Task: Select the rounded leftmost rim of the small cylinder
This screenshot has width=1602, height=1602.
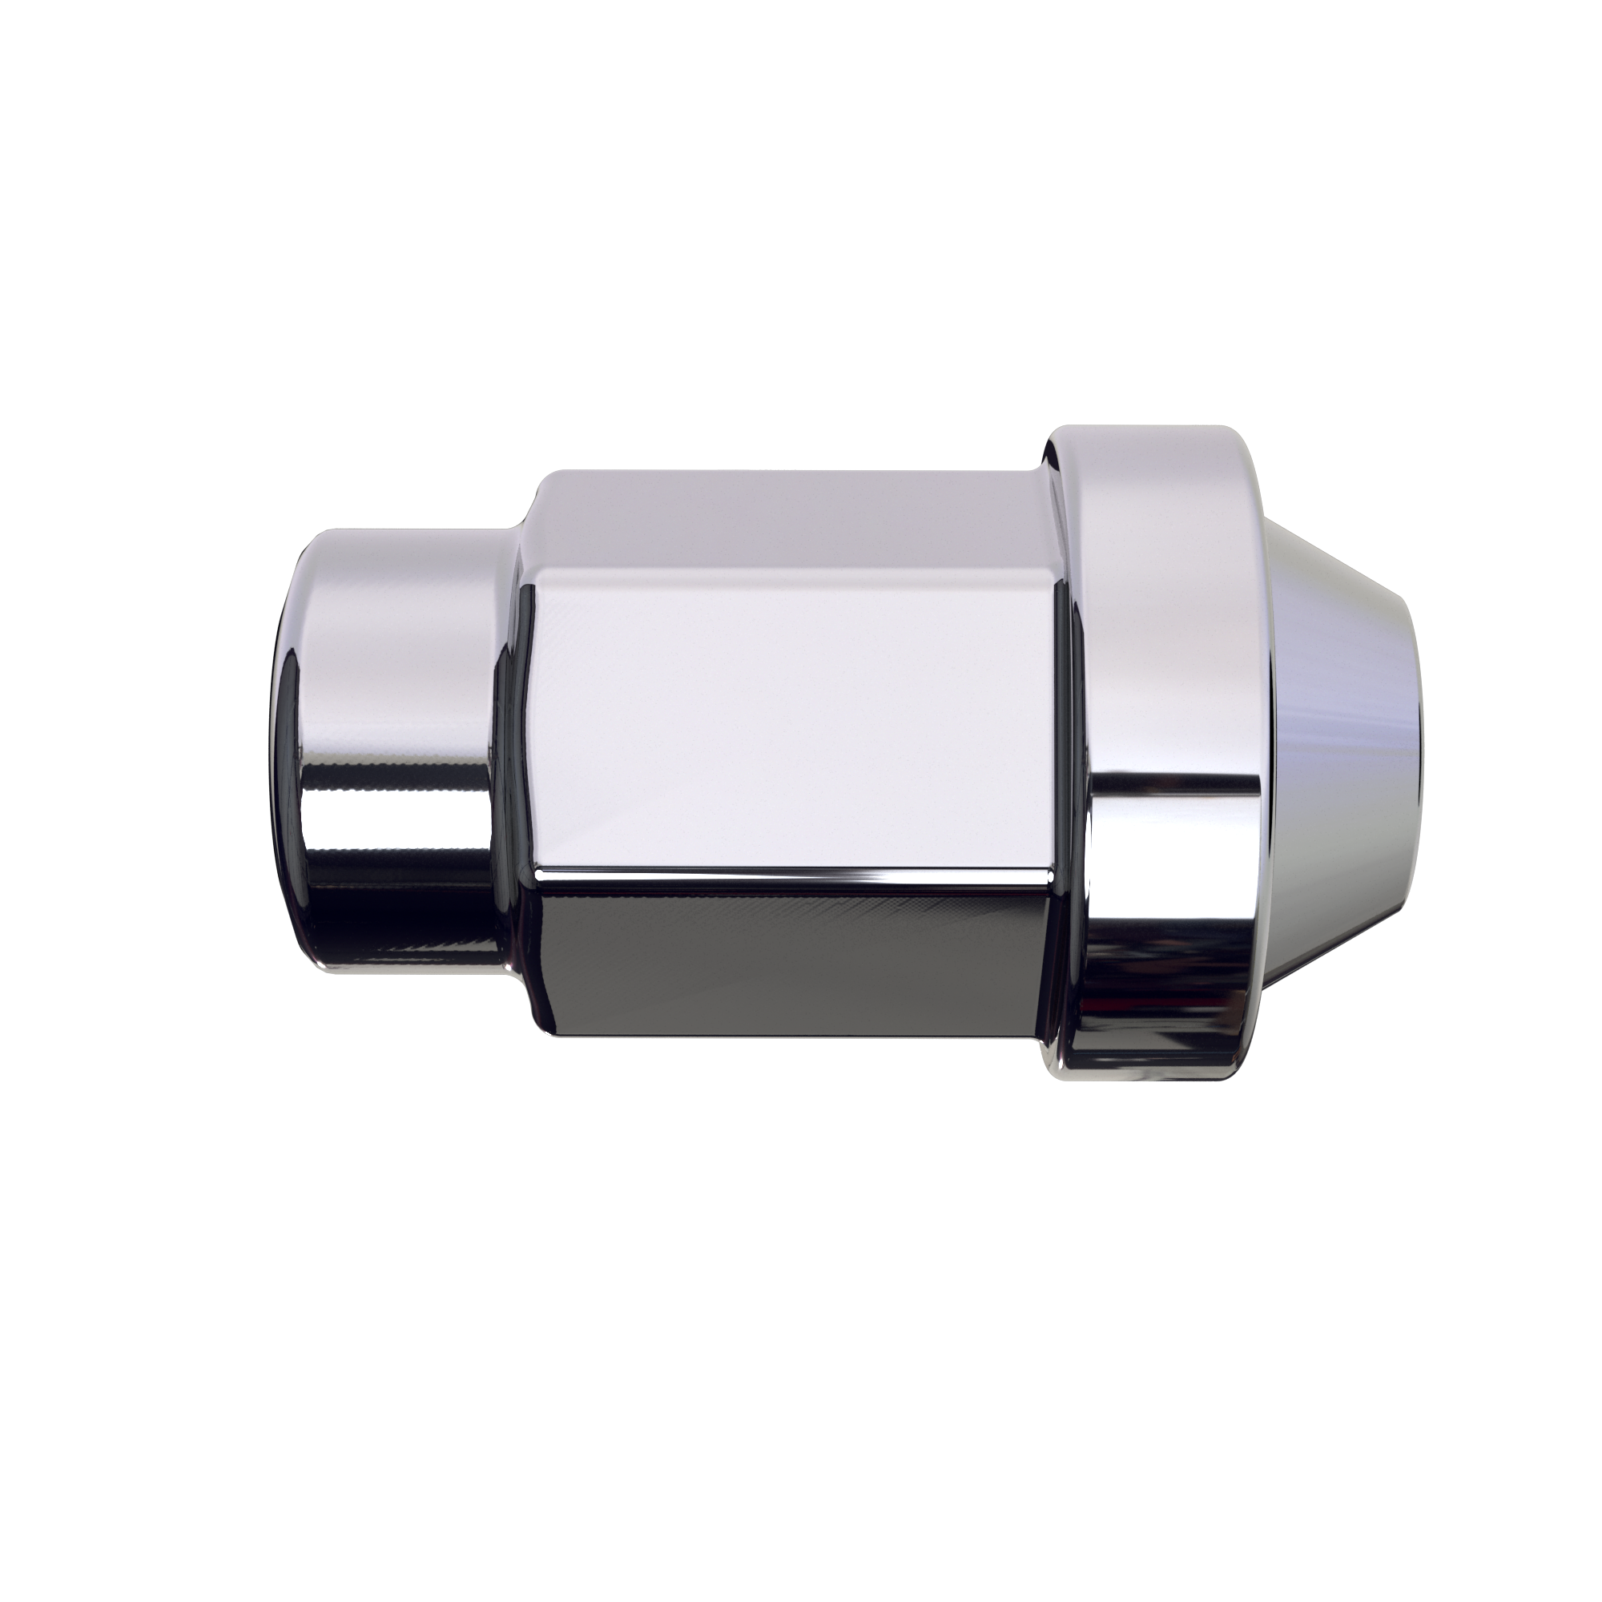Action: (x=286, y=747)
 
